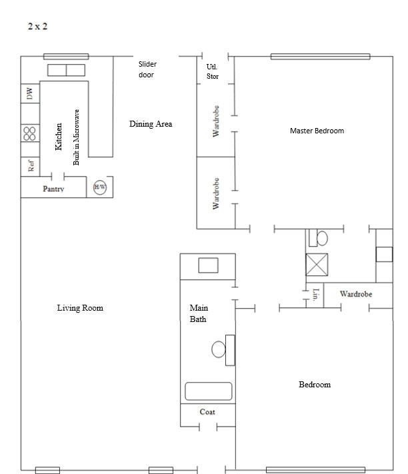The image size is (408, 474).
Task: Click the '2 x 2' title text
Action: coord(37,27)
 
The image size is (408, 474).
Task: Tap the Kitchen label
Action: coord(59,136)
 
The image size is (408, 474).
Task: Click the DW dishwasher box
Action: coord(29,94)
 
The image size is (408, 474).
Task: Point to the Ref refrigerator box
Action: coord(30,165)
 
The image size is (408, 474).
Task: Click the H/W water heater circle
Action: coord(100,187)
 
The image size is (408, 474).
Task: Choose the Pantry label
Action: coord(53,189)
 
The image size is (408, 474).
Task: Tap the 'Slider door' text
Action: coord(147,69)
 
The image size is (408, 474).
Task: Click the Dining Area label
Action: coord(151,124)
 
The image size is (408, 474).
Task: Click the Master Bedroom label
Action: coord(317,131)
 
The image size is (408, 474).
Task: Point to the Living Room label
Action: coord(80,308)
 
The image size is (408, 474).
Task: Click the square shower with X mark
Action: coord(316,265)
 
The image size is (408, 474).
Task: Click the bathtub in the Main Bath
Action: coord(208,391)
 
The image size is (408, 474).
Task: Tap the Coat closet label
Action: coord(207,412)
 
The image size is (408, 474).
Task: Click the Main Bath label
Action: coord(199,313)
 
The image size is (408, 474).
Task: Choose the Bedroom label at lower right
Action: coord(314,385)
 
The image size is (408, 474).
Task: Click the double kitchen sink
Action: coord(66,71)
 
